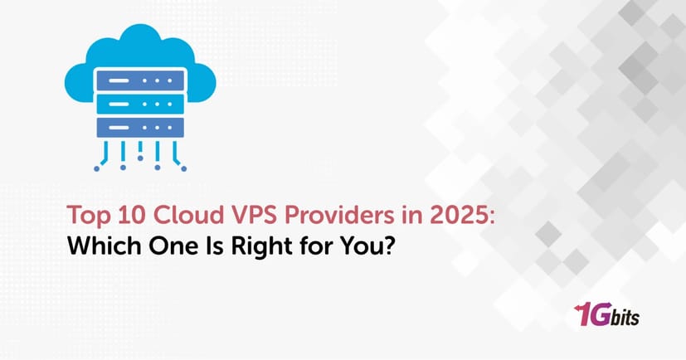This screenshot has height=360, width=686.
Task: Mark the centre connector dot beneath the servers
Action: [139, 157]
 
